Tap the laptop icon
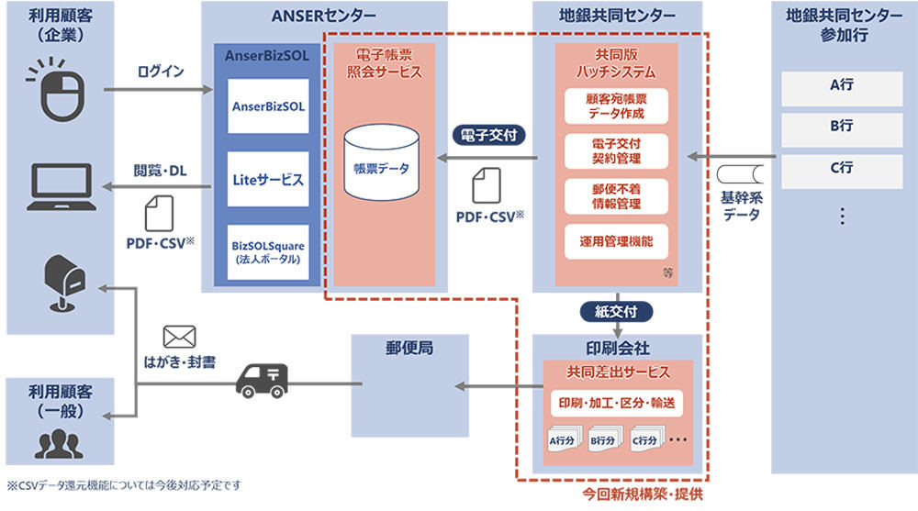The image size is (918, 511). click(62, 187)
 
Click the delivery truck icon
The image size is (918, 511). click(262, 381)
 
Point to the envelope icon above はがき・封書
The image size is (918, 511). click(179, 338)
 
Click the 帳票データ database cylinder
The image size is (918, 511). click(381, 162)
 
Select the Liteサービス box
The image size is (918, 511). click(268, 179)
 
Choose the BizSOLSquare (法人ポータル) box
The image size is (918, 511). click(268, 252)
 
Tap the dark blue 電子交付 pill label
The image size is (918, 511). click(489, 135)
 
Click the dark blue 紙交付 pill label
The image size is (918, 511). click(616, 311)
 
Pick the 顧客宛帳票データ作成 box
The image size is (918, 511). click(616, 106)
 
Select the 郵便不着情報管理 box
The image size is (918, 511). click(616, 196)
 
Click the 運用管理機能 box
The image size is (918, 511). click(616, 241)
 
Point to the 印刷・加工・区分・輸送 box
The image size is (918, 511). click(617, 404)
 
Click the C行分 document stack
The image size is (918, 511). click(646, 439)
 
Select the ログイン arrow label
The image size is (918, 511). click(161, 72)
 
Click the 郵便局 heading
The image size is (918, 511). click(409, 349)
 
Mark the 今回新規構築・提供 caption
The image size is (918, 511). click(643, 494)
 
